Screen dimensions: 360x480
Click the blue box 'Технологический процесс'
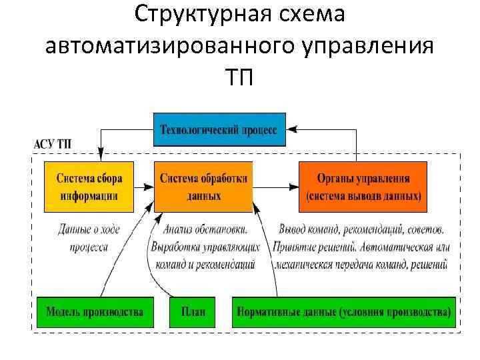[220, 129]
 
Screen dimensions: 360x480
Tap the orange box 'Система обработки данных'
[203, 187]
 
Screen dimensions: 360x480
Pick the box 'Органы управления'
[363, 187]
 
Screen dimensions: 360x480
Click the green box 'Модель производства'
[95, 311]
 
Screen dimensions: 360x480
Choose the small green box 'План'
[193, 311]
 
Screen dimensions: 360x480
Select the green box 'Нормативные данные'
[344, 311]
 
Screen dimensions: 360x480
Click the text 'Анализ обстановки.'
[205, 229]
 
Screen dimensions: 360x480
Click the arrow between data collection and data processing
[143, 186]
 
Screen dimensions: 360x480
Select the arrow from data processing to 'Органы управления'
[275, 186]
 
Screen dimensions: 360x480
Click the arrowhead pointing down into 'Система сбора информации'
[99, 156]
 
